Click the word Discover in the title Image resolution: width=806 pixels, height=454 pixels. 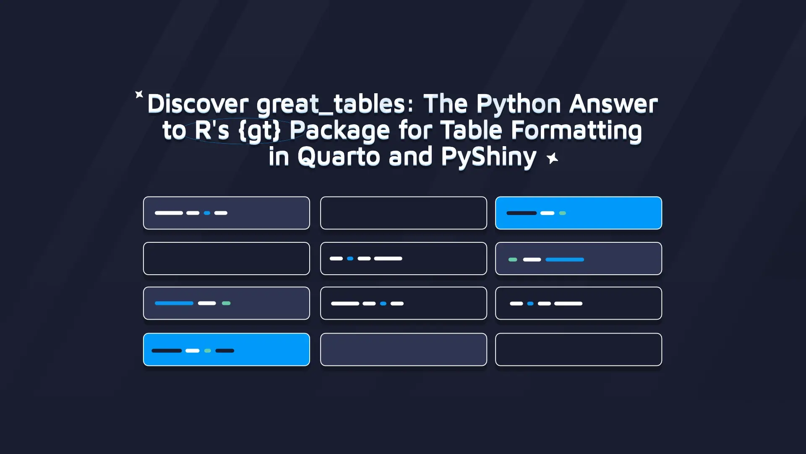click(198, 104)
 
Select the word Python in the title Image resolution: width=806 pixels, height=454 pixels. click(518, 105)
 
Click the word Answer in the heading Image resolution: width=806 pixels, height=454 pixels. click(613, 104)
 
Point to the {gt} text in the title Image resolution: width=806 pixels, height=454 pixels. click(259, 131)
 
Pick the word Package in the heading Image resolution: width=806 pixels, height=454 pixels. click(340, 131)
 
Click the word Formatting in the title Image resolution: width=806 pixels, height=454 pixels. click(576, 131)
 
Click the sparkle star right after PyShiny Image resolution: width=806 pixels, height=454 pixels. click(553, 158)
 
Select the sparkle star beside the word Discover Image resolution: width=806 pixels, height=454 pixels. click(139, 94)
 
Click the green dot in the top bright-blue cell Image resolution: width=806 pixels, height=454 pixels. click(563, 213)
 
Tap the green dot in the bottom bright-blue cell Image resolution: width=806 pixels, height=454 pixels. click(207, 350)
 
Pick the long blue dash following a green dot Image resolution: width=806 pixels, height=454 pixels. click(565, 260)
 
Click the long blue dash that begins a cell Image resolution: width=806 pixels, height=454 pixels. click(174, 303)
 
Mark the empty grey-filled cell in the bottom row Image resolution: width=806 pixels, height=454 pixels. click(404, 349)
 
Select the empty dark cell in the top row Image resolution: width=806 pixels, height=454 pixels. click(404, 213)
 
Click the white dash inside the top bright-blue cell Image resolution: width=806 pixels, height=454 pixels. click(547, 213)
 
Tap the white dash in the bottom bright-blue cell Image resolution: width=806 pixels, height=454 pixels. click(192, 350)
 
